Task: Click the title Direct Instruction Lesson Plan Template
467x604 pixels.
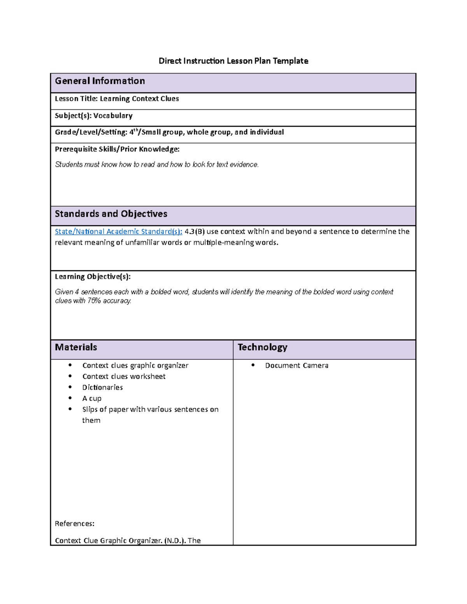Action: point(233,61)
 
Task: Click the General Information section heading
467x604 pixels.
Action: point(100,81)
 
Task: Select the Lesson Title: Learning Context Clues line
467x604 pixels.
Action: point(117,99)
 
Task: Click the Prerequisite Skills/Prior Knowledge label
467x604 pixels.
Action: point(117,149)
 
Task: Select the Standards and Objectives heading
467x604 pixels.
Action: point(111,214)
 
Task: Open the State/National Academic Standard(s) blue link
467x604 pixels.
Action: point(118,232)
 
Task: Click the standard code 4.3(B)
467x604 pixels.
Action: point(195,232)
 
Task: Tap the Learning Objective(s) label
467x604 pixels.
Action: point(93,277)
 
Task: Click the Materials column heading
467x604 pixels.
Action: point(76,347)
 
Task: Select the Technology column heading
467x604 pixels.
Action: point(262,347)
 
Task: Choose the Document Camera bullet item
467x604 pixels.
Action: point(297,366)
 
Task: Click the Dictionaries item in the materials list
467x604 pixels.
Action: point(102,387)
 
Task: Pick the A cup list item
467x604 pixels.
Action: point(92,399)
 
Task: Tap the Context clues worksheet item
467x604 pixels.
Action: point(124,376)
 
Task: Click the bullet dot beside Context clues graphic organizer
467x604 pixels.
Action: point(70,365)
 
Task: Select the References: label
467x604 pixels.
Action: point(74,524)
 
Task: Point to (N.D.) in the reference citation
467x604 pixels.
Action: point(175,541)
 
